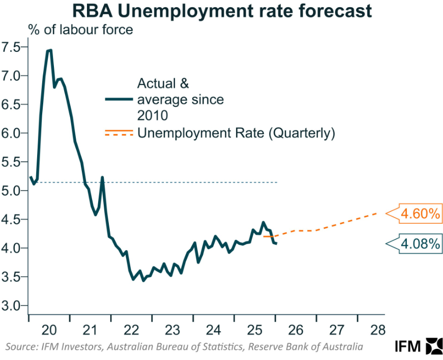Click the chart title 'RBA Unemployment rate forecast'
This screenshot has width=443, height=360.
click(x=221, y=11)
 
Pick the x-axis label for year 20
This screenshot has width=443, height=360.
click(x=49, y=329)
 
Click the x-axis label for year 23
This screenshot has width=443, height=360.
click(x=172, y=329)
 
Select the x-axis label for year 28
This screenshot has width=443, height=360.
click(x=378, y=329)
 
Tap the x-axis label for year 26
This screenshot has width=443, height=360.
click(x=296, y=329)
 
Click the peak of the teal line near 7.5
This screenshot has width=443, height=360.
click(x=49, y=50)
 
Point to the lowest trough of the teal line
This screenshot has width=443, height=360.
click(x=143, y=280)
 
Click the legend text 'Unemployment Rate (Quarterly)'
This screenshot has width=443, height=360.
click(x=237, y=133)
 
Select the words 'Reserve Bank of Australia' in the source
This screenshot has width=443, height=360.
click(x=311, y=347)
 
